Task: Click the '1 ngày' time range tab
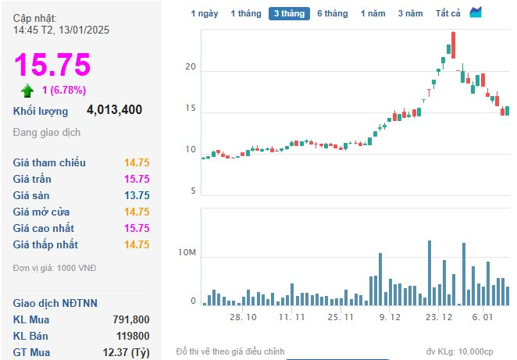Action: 205,13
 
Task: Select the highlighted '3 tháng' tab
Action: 289,13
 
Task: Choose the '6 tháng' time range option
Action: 333,13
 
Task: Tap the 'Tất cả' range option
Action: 447,13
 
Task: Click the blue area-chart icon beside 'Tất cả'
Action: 476,12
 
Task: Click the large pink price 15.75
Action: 52,65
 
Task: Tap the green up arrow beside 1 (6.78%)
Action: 27,91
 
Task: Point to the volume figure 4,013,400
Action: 115,110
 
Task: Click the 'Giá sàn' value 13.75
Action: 137,195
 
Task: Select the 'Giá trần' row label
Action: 32,179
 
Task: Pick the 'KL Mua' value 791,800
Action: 131,319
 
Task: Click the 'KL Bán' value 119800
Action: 133,336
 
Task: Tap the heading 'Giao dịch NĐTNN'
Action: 55,303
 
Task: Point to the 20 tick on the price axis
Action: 191,67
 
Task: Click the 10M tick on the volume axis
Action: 187,252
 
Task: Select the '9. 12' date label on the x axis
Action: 390,317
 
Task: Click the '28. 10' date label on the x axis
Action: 243,317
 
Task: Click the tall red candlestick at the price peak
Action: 454,45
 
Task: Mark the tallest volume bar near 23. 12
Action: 430,273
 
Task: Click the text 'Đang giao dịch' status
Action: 47,133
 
